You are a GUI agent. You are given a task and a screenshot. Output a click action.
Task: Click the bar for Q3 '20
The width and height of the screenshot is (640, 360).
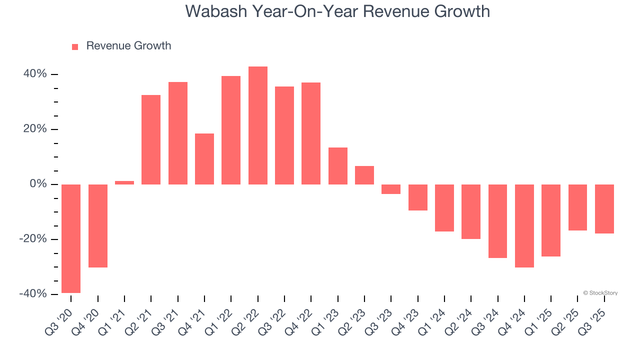tap(71, 238)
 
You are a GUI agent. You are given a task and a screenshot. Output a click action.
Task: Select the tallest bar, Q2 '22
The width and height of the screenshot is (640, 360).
tap(258, 125)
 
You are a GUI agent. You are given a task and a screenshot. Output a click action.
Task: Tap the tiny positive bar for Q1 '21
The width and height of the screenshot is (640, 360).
tap(124, 182)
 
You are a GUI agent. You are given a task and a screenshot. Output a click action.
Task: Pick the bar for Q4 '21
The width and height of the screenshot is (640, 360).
tap(204, 159)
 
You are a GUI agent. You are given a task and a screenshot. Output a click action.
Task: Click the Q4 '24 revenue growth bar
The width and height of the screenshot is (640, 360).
tap(524, 226)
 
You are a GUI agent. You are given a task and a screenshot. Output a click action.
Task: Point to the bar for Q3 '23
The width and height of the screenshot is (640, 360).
tap(391, 189)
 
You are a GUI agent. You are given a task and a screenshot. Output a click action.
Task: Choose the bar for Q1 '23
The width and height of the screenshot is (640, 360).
tap(338, 166)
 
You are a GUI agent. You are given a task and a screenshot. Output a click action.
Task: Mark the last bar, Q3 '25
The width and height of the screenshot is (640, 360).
tap(604, 209)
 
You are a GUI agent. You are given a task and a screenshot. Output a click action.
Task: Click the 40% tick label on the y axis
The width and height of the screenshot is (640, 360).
tap(34, 74)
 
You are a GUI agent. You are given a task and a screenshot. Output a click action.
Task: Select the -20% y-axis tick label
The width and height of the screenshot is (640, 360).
tap(33, 239)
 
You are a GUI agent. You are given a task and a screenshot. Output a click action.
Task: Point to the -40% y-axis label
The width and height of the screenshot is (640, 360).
tap(33, 294)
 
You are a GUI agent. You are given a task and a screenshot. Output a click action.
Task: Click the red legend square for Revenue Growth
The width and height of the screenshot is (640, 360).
tap(75, 47)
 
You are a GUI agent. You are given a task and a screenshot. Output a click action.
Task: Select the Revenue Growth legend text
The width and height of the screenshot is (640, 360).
tap(128, 46)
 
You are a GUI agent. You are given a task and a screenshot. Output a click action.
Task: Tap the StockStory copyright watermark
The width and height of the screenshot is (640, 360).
tap(600, 293)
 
